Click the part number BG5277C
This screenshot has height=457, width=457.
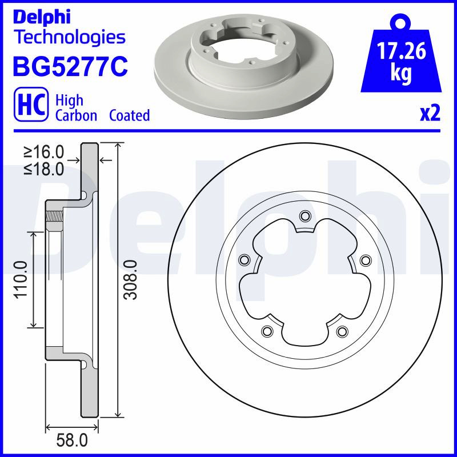[70, 66]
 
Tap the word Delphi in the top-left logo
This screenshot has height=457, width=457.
[42, 18]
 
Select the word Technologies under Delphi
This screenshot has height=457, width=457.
[70, 38]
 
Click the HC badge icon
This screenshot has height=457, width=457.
[31, 105]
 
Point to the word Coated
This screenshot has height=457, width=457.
[130, 115]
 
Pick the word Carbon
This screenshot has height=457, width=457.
[76, 115]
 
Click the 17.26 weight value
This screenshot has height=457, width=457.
[402, 51]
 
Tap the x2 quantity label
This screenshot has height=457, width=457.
[430, 113]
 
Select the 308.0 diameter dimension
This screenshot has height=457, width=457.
[130, 280]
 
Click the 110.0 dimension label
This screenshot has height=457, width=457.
[21, 279]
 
